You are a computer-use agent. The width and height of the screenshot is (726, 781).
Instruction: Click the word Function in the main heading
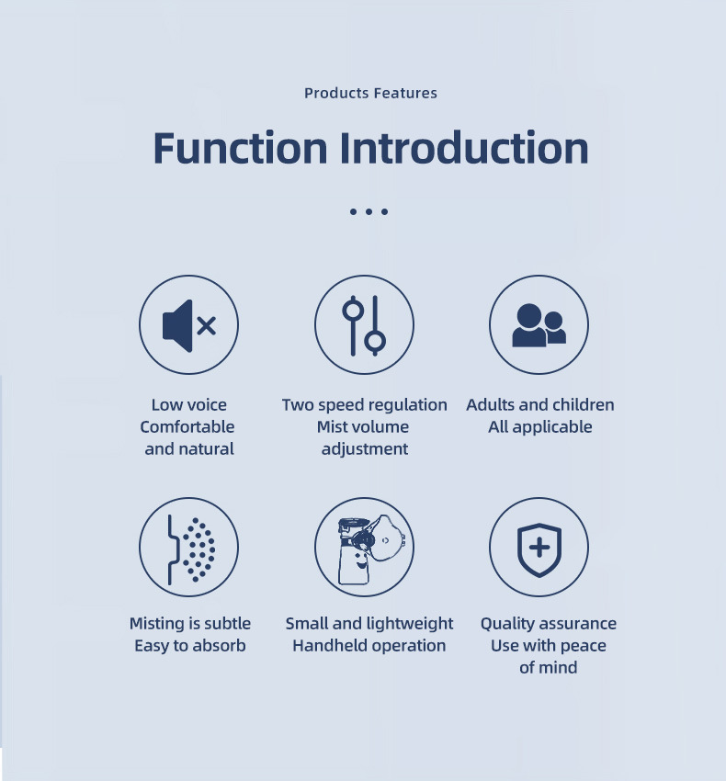(x=240, y=148)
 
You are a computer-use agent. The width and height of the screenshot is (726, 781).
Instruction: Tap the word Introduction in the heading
(x=464, y=148)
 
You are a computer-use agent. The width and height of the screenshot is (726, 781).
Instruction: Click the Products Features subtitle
(x=370, y=93)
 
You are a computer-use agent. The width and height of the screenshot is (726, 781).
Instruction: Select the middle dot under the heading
(x=369, y=211)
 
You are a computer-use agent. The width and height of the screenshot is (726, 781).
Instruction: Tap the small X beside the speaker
(x=206, y=326)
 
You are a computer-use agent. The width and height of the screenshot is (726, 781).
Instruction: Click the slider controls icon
(x=364, y=325)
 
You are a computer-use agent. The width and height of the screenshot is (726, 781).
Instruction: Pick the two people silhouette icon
(x=539, y=325)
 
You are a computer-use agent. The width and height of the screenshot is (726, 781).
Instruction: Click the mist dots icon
(x=192, y=549)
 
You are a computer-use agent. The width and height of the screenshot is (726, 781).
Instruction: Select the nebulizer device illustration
(x=371, y=549)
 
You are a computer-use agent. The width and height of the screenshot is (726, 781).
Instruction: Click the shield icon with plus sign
(x=539, y=549)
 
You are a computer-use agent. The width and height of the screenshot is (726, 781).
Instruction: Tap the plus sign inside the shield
(x=539, y=548)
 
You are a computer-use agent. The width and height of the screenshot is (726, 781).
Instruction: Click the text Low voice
(x=188, y=404)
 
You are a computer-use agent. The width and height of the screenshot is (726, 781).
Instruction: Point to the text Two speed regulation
(x=364, y=405)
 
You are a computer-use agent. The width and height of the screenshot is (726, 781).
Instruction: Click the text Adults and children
(x=540, y=404)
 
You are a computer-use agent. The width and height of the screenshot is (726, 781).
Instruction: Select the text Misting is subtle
(x=190, y=624)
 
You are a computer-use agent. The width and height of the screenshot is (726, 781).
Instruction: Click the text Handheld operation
(x=369, y=646)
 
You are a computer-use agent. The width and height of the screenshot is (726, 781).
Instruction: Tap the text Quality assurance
(x=548, y=624)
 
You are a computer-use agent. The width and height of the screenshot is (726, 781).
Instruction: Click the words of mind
(x=548, y=667)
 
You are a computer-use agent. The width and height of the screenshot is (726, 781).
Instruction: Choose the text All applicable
(x=540, y=427)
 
